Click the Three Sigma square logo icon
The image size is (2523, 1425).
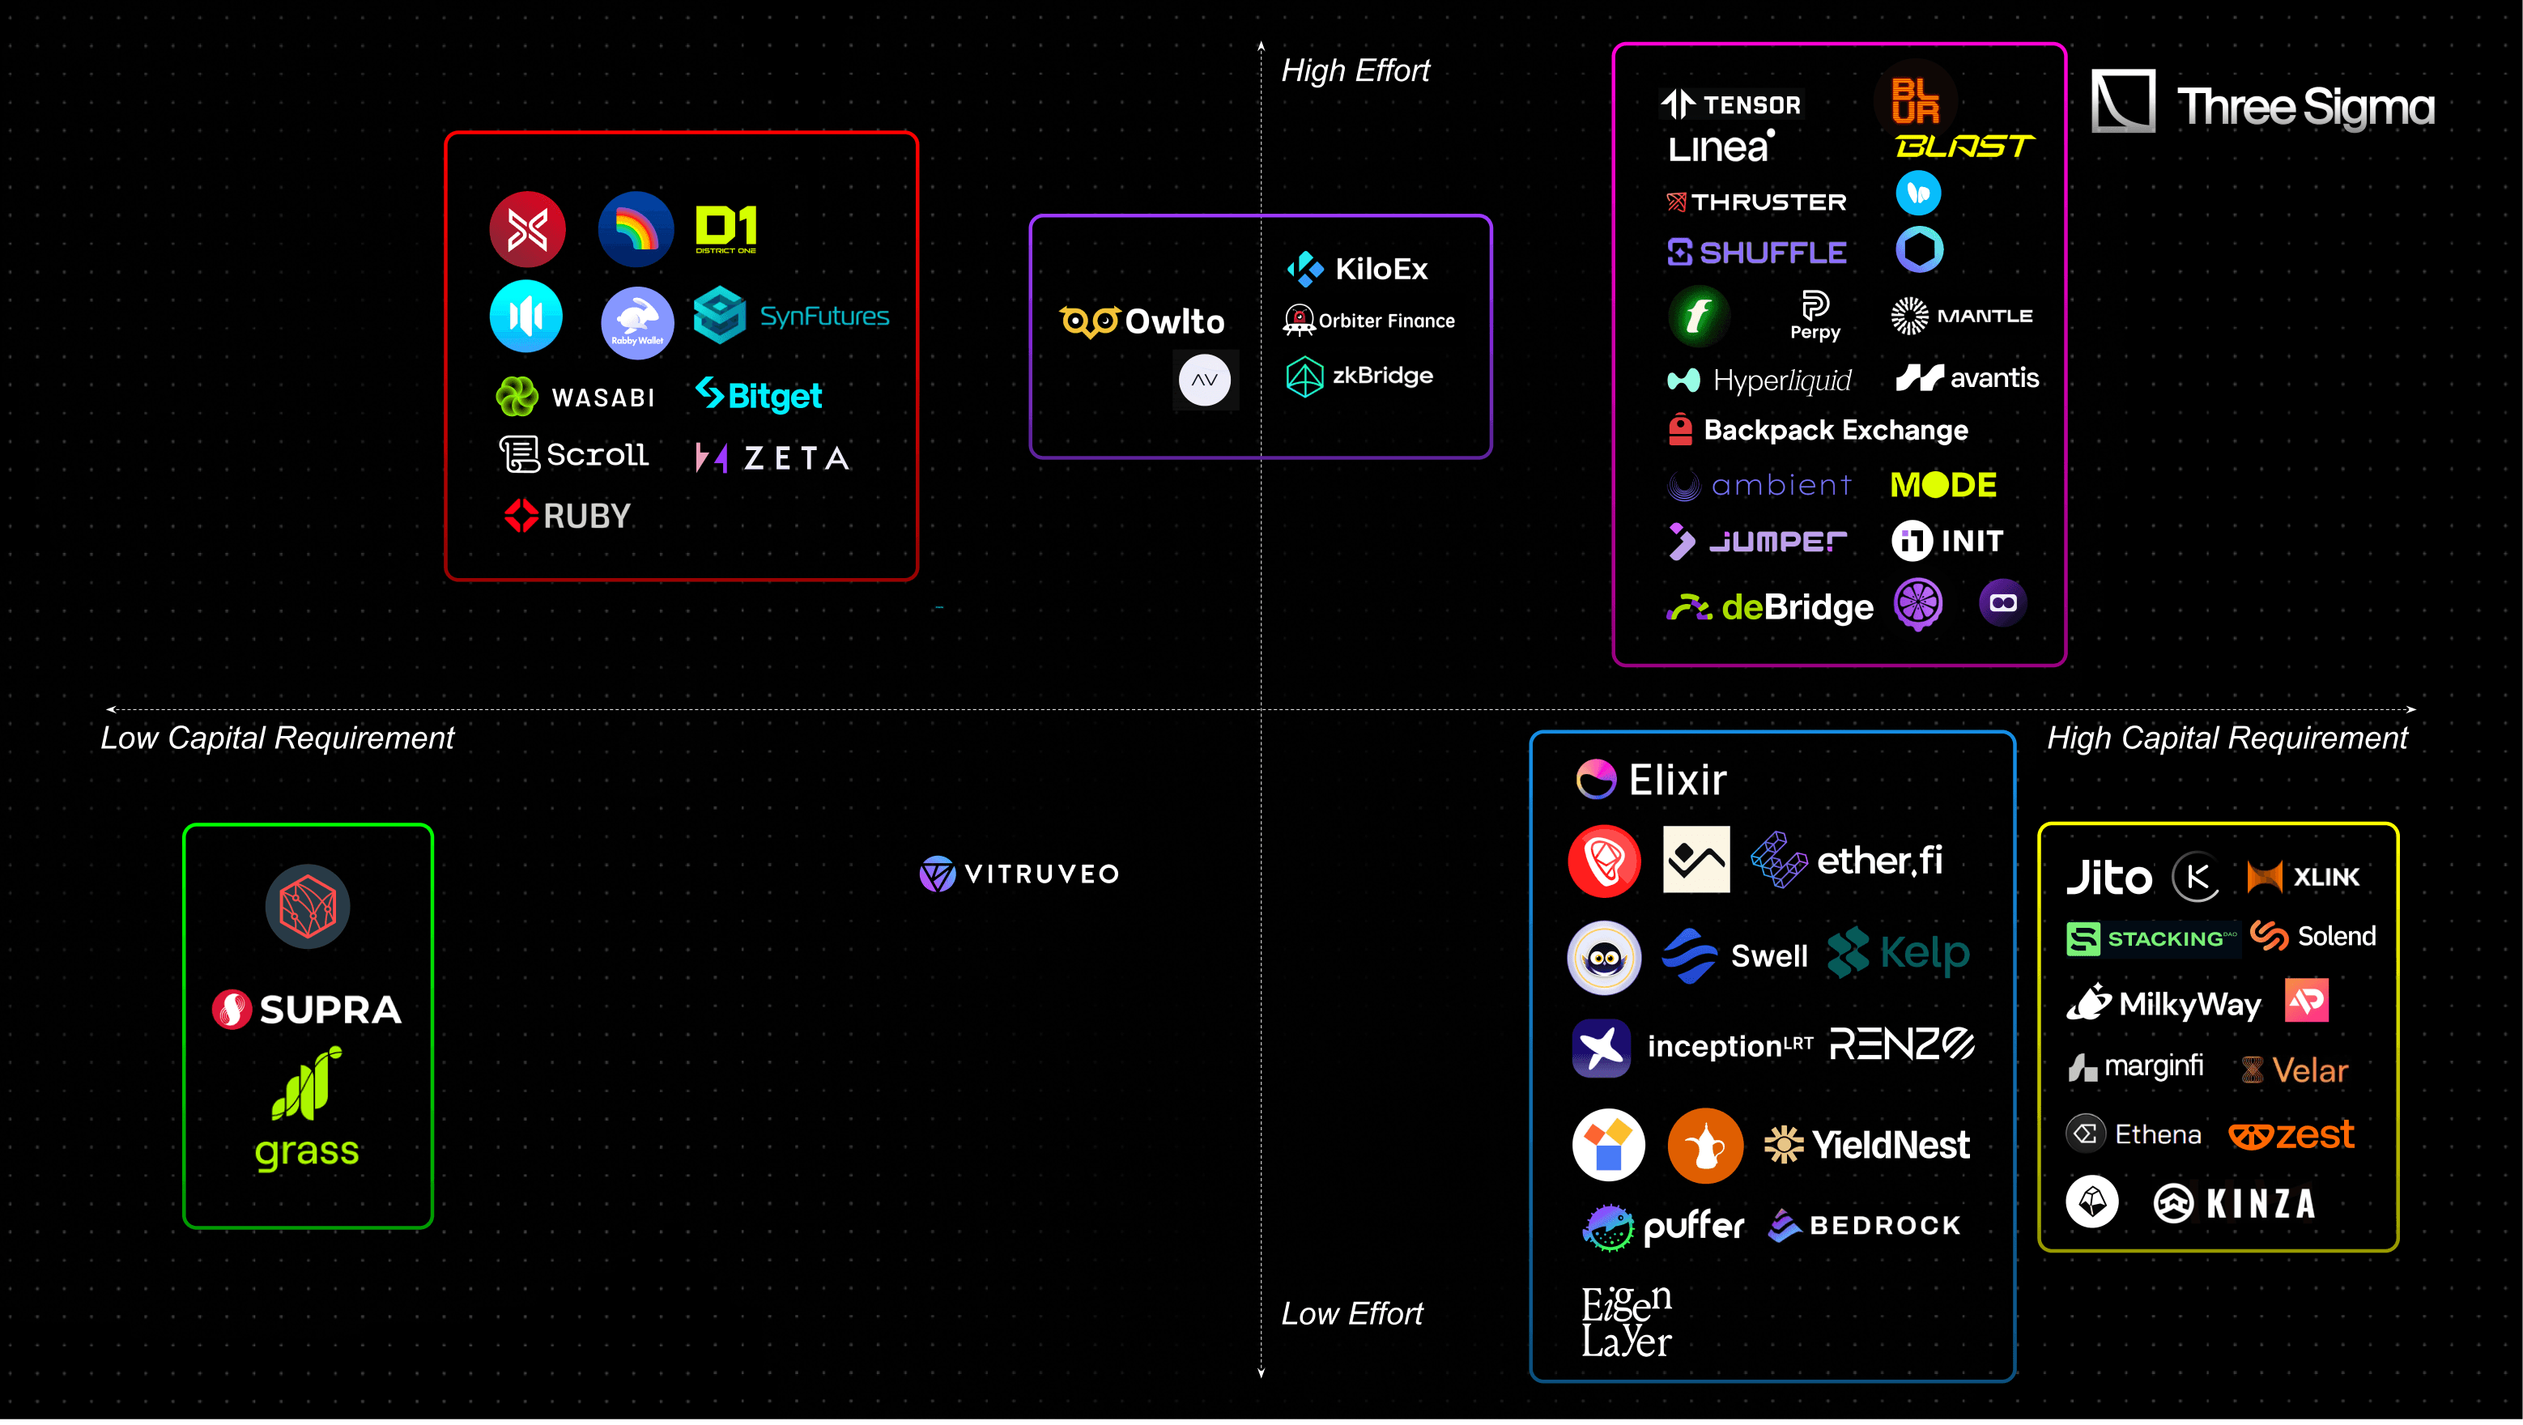point(2122,101)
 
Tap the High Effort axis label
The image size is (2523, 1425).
point(1355,70)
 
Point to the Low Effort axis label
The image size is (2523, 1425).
point(1351,1313)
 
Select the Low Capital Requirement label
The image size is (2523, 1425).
point(277,738)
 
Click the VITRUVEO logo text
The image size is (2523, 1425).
point(1041,874)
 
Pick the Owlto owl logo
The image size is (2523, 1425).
point(1089,321)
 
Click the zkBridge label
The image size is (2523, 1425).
point(1381,376)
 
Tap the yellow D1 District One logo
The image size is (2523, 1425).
point(725,228)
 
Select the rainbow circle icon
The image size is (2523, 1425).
point(636,230)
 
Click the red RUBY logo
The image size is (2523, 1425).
point(568,515)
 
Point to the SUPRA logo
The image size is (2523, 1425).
point(308,1009)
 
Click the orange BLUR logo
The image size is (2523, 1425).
point(1916,100)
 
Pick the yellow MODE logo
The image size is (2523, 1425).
point(1943,485)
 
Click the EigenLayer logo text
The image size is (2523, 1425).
point(1627,1322)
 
